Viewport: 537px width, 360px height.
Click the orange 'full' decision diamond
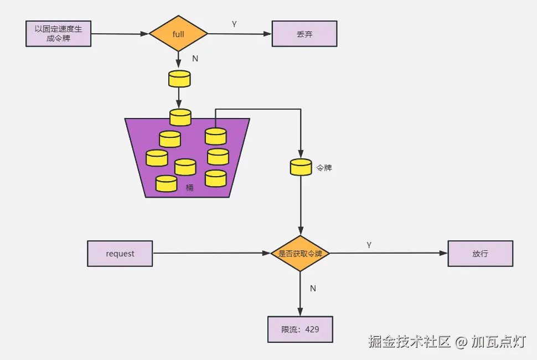178,34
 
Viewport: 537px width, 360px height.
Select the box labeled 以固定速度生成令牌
59,34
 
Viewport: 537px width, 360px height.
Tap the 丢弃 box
304,34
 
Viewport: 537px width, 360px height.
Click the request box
120,254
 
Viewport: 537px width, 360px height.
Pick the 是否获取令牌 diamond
301,254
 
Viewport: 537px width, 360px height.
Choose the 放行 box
481,254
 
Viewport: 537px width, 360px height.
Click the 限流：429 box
301,329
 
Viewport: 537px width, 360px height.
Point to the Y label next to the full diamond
234,24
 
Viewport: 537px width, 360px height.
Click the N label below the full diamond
195,59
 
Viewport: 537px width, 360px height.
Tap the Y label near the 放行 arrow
369,245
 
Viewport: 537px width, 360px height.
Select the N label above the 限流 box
313,289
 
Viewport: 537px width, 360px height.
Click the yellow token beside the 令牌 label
301,167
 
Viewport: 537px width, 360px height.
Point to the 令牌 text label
324,168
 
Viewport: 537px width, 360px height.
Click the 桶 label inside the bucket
189,187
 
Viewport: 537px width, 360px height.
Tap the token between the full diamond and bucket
179,79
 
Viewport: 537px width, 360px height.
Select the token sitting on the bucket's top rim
180,117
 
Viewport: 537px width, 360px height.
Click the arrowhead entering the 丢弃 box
267,34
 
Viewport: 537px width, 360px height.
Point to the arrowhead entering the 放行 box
443,253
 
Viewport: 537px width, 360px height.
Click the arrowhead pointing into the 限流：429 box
301,312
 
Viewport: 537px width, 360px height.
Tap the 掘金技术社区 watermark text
409,342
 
